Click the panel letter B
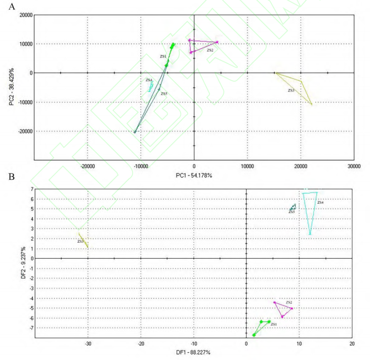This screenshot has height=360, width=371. click(4, 179)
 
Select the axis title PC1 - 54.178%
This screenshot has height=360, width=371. click(194, 175)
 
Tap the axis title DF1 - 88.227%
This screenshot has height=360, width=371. click(194, 352)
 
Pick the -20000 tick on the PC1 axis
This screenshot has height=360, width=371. click(87, 166)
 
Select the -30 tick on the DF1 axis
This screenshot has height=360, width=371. click(87, 343)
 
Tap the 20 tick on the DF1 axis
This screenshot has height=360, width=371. click(352, 343)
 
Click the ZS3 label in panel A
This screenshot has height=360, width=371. click(291, 90)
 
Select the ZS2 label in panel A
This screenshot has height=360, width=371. click(210, 50)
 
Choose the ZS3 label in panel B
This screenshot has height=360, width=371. click(80, 241)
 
